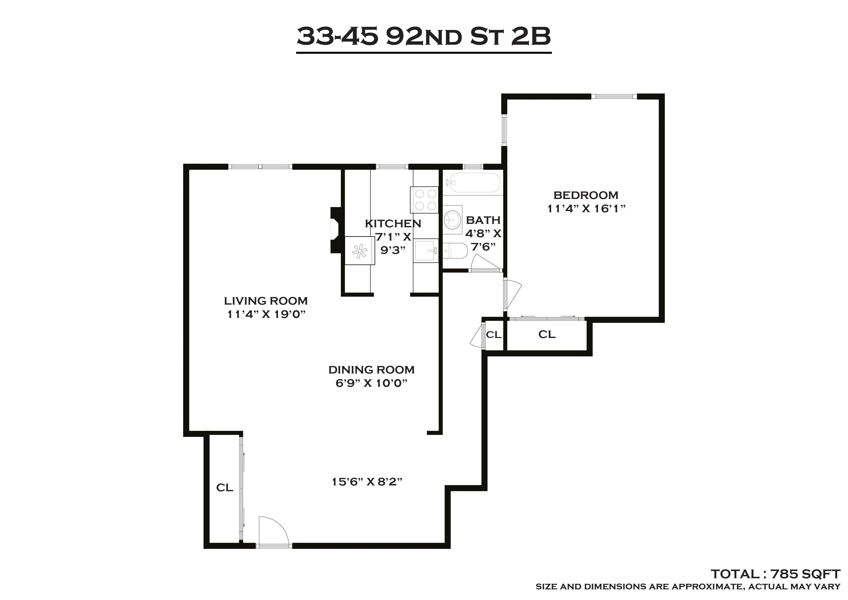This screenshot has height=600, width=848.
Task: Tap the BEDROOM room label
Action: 586,195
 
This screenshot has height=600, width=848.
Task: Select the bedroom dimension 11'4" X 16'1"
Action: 586,209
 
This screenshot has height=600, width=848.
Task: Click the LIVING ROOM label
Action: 266,301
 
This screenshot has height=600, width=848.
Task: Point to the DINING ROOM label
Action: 371,370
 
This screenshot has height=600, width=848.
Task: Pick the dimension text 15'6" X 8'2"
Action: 367,482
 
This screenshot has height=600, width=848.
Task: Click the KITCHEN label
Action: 393,224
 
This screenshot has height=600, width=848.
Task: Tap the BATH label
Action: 483,220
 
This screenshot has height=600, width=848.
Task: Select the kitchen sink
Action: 425,250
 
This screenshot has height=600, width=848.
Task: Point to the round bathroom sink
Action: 452,220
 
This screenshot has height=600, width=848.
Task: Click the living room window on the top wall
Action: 260,167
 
